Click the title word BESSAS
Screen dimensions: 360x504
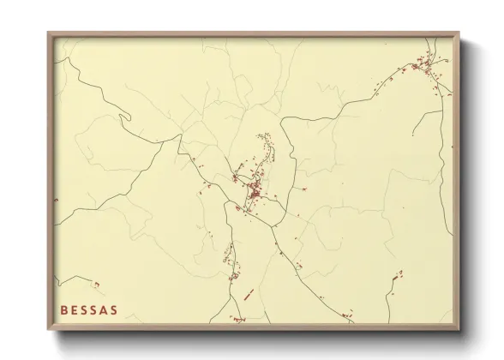[89, 309]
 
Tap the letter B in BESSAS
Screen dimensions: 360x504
[64, 309]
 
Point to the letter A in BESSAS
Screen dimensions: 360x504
[104, 309]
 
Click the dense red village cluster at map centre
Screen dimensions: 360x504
[254, 192]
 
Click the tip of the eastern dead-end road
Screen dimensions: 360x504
[412, 135]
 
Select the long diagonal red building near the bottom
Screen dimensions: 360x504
[249, 294]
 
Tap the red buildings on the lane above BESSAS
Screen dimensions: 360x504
[95, 284]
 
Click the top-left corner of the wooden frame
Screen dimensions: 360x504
[49, 34]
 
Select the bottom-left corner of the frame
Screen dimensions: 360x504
[49, 330]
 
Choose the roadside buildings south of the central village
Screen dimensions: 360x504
[230, 257]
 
